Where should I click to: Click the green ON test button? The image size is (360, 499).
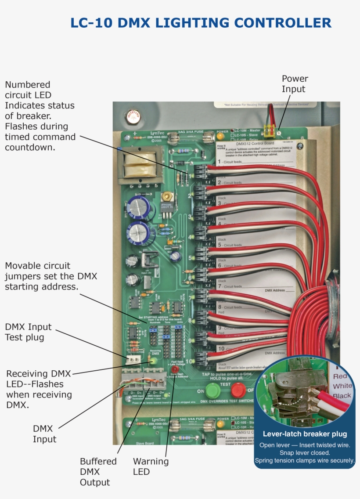tap(213, 390)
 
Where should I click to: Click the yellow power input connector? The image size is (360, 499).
tap(269, 129)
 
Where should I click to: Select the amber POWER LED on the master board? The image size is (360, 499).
tap(220, 137)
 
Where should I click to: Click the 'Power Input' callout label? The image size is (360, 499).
tap(295, 84)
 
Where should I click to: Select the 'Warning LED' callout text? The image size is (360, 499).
tap(151, 466)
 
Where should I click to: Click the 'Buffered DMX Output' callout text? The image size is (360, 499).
tap(98, 472)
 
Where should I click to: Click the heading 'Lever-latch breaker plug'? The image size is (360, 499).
tap(305, 434)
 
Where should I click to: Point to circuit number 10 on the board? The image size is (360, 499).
tap(188, 362)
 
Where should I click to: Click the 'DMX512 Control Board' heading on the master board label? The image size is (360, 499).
tap(255, 143)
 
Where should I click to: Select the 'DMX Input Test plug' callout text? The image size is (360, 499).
tap(28, 332)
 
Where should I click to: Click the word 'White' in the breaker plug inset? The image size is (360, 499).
tap(342, 386)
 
